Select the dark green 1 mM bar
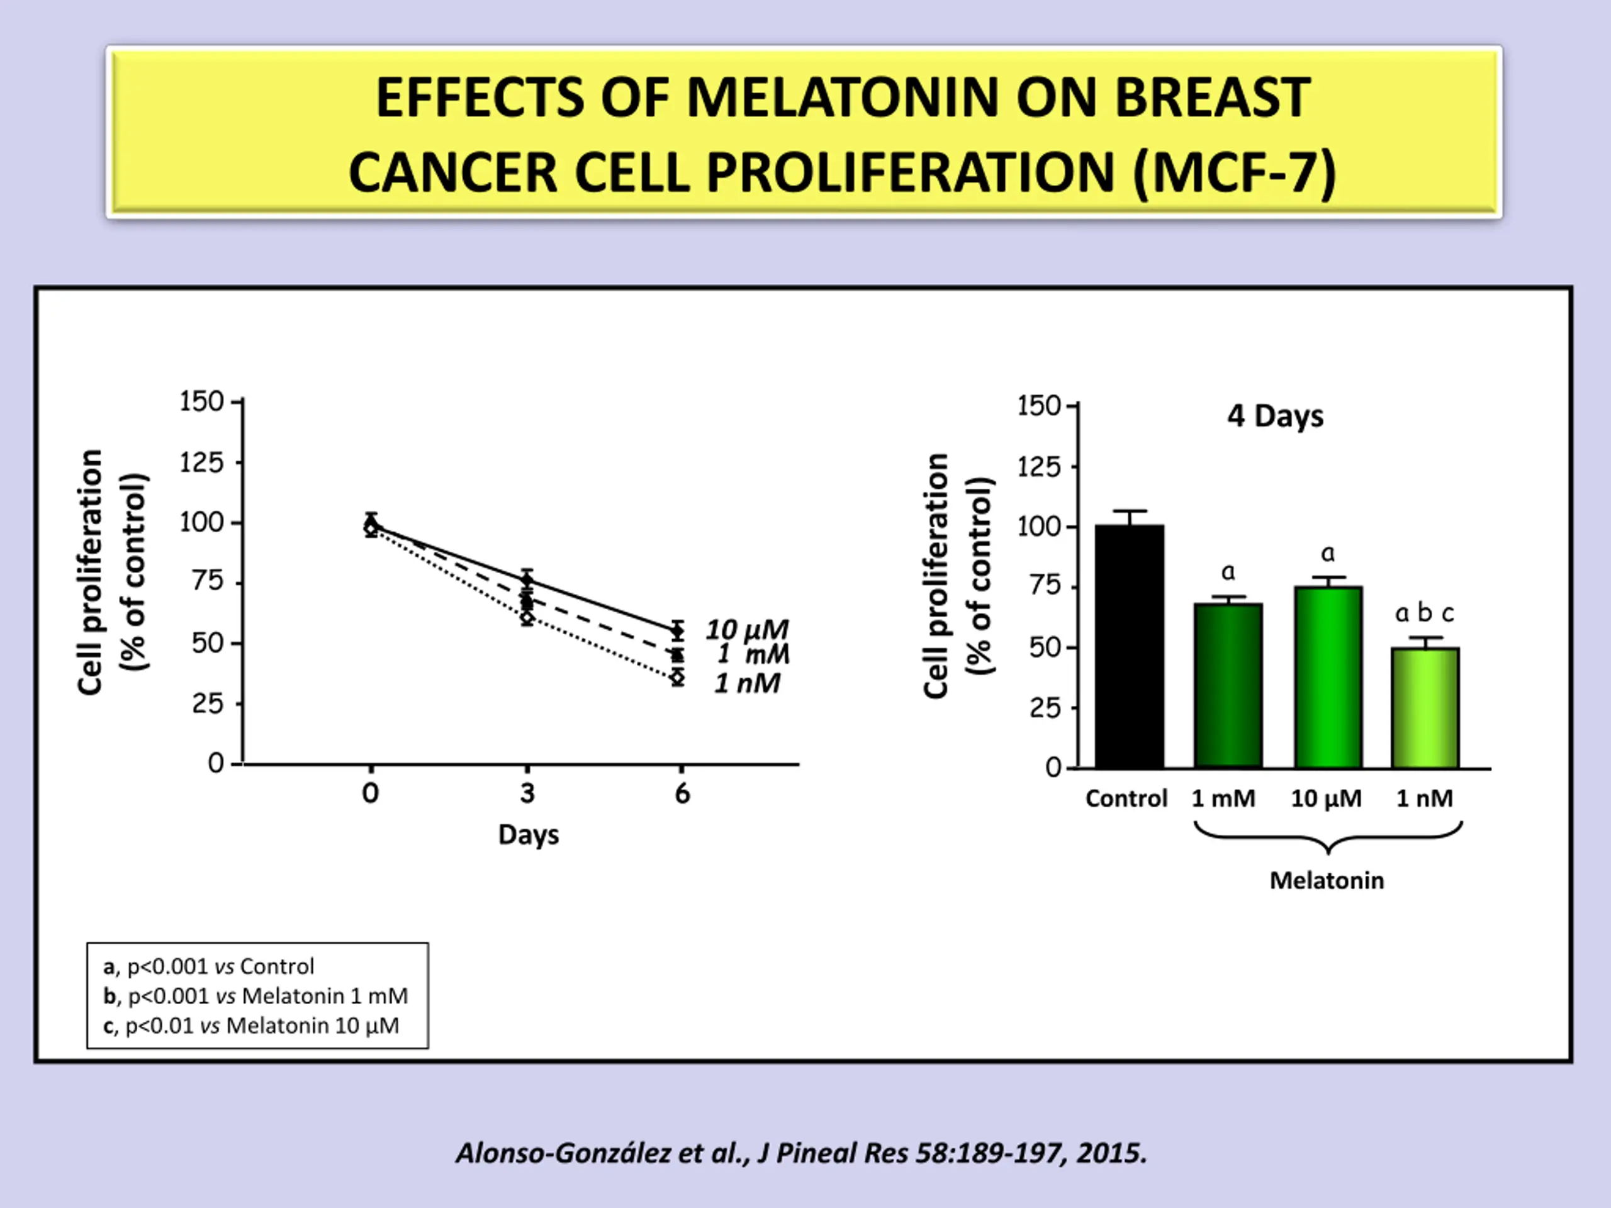click(1228, 685)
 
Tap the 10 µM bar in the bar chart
click(1328, 677)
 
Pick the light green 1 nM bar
click(1425, 708)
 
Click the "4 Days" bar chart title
click(1274, 417)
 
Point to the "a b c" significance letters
click(1424, 614)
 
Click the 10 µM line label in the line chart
click(747, 630)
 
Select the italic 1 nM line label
click(747, 684)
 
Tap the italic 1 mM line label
click(753, 654)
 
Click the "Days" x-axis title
click(528, 834)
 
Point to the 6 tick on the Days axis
click(682, 793)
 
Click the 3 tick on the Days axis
click(527, 793)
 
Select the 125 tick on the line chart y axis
click(202, 462)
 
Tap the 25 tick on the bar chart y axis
click(1045, 708)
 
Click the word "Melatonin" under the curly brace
click(1326, 880)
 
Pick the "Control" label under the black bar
click(1126, 799)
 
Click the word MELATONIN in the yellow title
click(842, 98)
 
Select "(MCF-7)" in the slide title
click(1235, 173)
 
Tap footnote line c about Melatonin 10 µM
click(251, 1026)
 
